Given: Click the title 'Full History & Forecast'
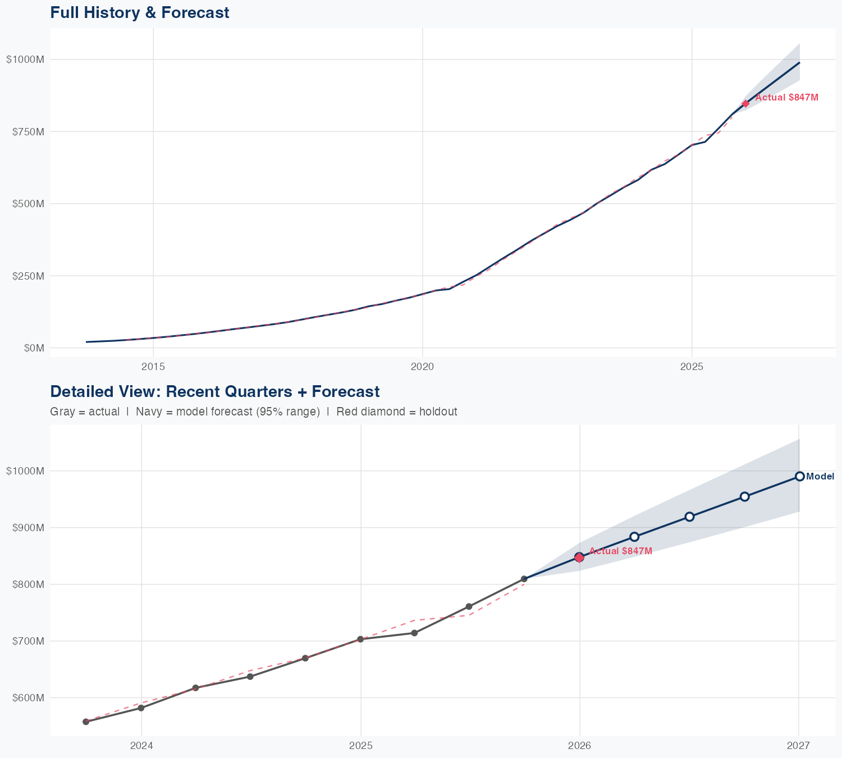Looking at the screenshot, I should [x=139, y=12].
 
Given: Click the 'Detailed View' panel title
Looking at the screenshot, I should [x=214, y=391].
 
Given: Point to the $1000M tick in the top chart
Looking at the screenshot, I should [x=25, y=60].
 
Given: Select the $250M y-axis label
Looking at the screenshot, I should [x=27, y=276].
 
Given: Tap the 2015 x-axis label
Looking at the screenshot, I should [x=153, y=367].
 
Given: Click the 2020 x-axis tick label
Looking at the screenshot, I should [x=422, y=367].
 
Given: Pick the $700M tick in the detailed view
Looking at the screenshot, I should [x=25, y=641].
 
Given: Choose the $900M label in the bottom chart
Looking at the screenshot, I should [x=25, y=528].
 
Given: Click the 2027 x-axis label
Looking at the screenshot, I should [x=798, y=746].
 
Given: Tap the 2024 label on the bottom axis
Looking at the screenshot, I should [x=141, y=746].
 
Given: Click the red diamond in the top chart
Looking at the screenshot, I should [x=745, y=103].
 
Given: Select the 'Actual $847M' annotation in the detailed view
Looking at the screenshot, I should [x=621, y=551].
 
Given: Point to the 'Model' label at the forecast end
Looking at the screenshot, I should [x=820, y=477].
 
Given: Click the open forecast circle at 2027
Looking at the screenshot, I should [x=799, y=477].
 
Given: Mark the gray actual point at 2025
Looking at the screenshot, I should [x=360, y=639].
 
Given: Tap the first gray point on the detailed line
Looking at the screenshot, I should [x=86, y=722].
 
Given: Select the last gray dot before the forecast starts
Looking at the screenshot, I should [x=524, y=579].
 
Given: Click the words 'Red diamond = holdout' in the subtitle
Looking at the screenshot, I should [x=397, y=412].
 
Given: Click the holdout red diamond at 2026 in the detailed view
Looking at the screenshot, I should [x=579, y=557].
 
